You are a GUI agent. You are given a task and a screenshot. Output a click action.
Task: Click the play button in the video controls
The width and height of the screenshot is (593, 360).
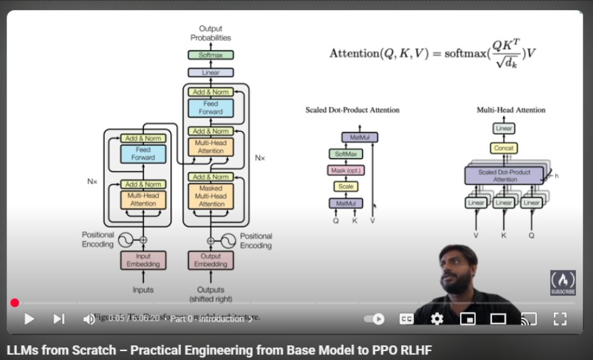pos(29,318)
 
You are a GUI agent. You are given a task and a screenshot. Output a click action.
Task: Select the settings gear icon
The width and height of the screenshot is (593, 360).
pos(437,318)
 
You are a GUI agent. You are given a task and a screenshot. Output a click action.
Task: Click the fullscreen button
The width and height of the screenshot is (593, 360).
pos(560,318)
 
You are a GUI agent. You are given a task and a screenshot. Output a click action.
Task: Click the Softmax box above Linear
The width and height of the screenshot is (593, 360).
pos(210,55)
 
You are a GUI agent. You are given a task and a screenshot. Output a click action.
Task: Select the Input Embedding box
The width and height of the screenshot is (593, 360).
pos(143,260)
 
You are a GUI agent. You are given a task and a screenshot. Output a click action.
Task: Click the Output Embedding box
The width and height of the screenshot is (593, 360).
pos(210,260)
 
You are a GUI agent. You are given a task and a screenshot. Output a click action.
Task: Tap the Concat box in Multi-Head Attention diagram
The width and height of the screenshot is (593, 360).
pos(503,148)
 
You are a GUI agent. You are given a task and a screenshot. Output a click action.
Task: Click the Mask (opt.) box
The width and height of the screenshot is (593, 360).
pos(345,170)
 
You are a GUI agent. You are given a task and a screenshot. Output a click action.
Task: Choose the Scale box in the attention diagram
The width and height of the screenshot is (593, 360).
pos(345,186)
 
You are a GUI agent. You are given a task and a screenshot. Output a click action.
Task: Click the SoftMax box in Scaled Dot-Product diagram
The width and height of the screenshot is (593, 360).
pos(345,154)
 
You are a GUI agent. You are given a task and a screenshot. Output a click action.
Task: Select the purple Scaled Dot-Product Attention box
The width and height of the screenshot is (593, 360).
pos(503,175)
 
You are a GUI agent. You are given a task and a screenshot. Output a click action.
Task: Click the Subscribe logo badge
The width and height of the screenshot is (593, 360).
pos(562,283)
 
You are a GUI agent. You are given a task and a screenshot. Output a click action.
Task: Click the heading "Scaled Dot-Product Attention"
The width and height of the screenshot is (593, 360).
pos(352,110)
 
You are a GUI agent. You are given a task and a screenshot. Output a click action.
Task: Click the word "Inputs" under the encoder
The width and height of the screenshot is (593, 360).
pos(143,289)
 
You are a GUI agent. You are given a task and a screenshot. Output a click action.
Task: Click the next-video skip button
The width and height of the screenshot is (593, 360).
pos(59,318)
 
